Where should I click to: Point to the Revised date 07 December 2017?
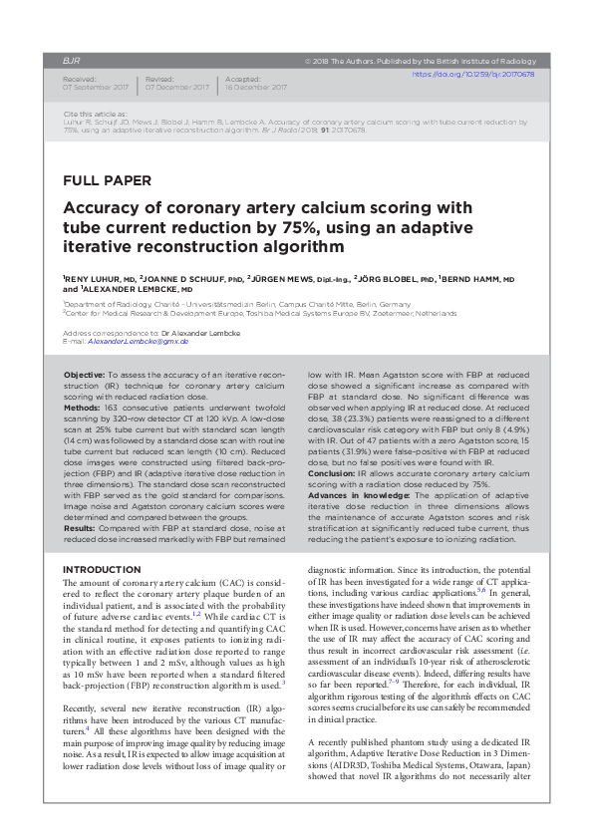[x=176, y=88]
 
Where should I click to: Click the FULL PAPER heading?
[x=107, y=180]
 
